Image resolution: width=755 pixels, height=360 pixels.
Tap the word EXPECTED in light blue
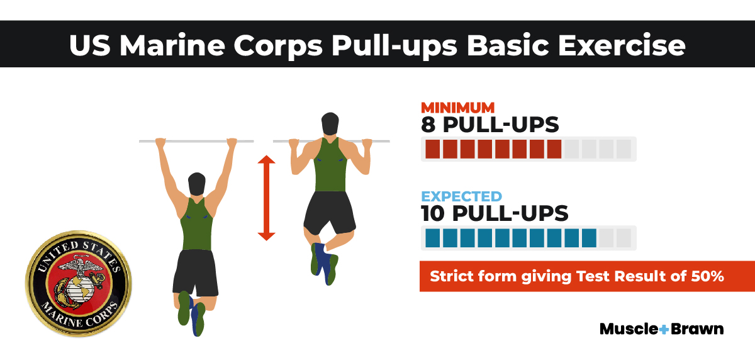tap(461, 196)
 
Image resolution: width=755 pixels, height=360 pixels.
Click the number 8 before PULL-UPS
tap(430, 124)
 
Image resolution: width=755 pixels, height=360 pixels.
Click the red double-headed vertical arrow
tap(266, 198)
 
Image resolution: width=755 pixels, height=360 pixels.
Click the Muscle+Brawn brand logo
tap(661, 329)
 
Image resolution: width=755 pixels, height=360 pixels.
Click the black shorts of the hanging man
tap(195, 271)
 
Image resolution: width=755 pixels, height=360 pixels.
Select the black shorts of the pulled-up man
tap(328, 211)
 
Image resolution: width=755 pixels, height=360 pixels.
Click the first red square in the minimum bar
tap(433, 149)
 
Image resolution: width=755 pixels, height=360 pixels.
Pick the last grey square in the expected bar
tap(624, 238)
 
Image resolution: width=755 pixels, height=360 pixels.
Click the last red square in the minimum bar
tap(554, 149)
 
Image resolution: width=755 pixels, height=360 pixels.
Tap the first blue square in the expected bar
tap(433, 238)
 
